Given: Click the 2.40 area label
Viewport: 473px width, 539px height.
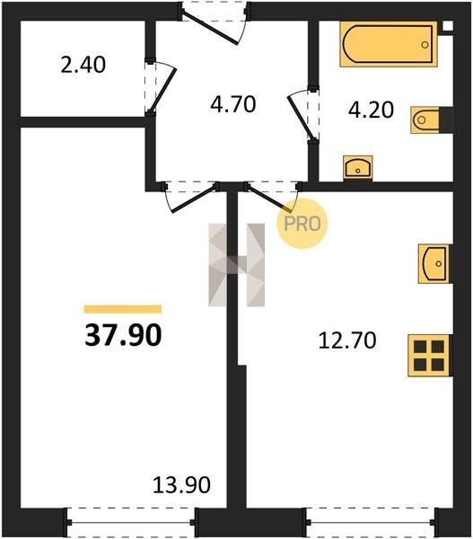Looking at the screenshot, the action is [x=83, y=65].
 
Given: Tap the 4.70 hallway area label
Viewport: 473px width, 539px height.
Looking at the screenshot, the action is [x=233, y=104].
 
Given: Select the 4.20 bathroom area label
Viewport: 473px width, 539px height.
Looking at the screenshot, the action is [x=371, y=110].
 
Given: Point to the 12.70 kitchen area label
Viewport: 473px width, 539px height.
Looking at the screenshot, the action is [x=347, y=340].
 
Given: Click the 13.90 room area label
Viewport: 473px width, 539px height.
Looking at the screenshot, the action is [x=181, y=485].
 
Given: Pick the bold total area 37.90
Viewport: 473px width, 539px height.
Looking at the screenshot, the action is [x=123, y=335].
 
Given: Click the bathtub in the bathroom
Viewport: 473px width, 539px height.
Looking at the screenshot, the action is [x=389, y=44].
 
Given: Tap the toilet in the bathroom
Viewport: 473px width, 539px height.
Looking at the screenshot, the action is [x=425, y=120].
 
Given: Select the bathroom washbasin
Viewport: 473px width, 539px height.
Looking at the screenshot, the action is [x=358, y=167].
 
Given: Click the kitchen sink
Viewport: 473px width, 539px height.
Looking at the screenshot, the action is [x=434, y=263].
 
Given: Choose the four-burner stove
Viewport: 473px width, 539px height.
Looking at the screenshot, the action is [x=429, y=356].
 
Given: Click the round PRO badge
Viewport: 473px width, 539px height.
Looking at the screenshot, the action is [x=302, y=224].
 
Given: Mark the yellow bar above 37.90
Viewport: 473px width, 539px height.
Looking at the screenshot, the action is [x=123, y=309].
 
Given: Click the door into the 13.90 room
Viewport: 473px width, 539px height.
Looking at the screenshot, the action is [x=191, y=197].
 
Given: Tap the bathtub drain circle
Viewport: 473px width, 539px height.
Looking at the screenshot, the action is [x=425, y=44].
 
